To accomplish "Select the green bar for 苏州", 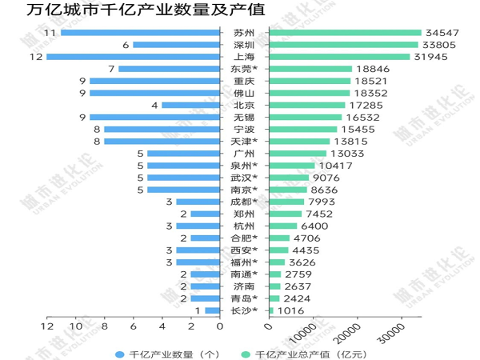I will (345, 33).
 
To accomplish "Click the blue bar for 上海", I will (133, 57).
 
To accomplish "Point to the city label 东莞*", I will (244, 69).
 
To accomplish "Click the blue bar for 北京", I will (190, 105).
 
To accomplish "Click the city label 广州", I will (244, 153).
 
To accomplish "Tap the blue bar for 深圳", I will (176, 45).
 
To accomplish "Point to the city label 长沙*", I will (244, 310).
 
